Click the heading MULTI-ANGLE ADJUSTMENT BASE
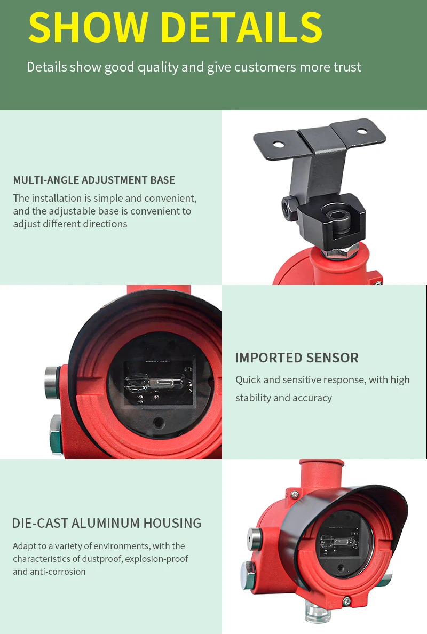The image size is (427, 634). click(94, 180)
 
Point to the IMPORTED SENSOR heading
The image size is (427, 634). click(297, 358)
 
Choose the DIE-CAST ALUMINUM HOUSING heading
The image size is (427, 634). click(107, 523)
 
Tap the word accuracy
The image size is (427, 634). click(311, 398)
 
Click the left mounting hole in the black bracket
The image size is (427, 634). click(278, 144)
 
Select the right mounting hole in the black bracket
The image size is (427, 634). click(362, 130)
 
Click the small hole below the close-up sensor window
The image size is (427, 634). click(159, 423)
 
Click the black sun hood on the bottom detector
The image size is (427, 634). click(347, 502)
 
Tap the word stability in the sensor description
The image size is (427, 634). click(254, 398)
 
